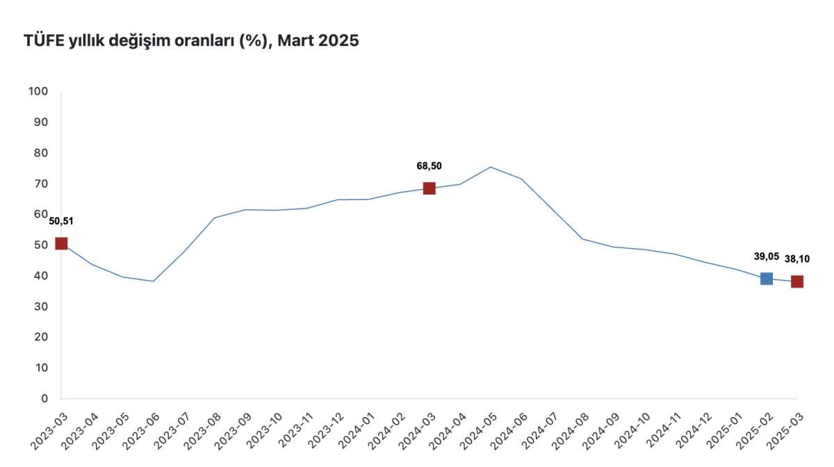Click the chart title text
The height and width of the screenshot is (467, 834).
pyautogui.click(x=191, y=41)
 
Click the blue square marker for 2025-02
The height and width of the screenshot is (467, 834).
pyautogui.click(x=766, y=279)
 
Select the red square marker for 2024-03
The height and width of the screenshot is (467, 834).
pyautogui.click(x=429, y=188)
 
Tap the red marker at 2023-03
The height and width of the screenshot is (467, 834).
pyautogui.click(x=61, y=243)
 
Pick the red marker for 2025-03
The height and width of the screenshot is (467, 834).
pyautogui.click(x=796, y=281)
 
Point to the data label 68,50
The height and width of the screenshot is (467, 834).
pyautogui.click(x=429, y=166)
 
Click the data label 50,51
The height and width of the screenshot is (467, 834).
pyautogui.click(x=61, y=222)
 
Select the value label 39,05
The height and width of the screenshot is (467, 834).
pyautogui.click(x=766, y=256)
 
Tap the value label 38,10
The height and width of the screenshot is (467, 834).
pyautogui.click(x=796, y=259)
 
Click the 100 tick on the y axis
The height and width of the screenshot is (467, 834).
pyautogui.click(x=38, y=91)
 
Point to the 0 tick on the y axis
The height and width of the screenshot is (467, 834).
pyautogui.click(x=43, y=398)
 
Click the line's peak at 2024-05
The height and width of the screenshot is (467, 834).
pyautogui.click(x=490, y=167)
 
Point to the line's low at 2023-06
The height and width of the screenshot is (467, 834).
pyautogui.click(x=153, y=281)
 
